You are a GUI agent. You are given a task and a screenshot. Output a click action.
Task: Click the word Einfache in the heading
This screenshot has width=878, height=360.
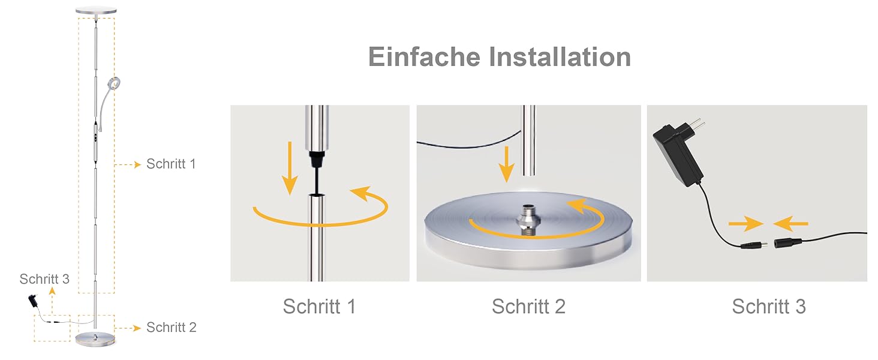425,57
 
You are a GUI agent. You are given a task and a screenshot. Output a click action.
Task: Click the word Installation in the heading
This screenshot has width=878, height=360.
560,57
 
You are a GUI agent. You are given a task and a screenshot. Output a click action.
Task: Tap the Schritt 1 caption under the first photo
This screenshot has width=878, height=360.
320,306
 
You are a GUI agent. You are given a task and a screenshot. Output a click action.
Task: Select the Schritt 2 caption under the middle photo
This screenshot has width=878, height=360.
529,306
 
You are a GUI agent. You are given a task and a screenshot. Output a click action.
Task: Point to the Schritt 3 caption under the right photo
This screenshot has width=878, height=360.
769,306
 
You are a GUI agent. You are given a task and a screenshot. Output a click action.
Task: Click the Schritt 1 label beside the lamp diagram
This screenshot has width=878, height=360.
171,164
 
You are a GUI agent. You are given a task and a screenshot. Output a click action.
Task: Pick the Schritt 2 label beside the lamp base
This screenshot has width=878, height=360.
172,327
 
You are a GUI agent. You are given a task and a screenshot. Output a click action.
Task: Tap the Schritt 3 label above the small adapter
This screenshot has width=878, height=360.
44,279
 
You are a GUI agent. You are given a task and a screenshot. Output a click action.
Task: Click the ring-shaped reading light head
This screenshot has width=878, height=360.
115,83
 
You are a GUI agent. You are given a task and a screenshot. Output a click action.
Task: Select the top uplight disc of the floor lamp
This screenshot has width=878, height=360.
96,11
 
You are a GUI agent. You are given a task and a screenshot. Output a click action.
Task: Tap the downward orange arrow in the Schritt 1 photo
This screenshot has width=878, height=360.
290,168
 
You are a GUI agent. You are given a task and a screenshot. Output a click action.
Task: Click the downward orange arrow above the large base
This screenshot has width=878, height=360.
506,164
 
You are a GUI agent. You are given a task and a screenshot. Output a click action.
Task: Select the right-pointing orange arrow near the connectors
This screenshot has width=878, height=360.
746,224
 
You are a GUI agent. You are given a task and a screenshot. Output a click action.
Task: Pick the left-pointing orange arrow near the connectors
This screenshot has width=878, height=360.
790,224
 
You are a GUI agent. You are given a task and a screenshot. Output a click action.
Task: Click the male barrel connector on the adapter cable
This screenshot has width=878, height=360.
754,246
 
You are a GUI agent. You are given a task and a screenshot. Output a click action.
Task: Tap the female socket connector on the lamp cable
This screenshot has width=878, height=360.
788,243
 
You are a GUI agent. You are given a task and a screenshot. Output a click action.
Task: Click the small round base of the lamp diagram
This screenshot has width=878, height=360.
95,339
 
